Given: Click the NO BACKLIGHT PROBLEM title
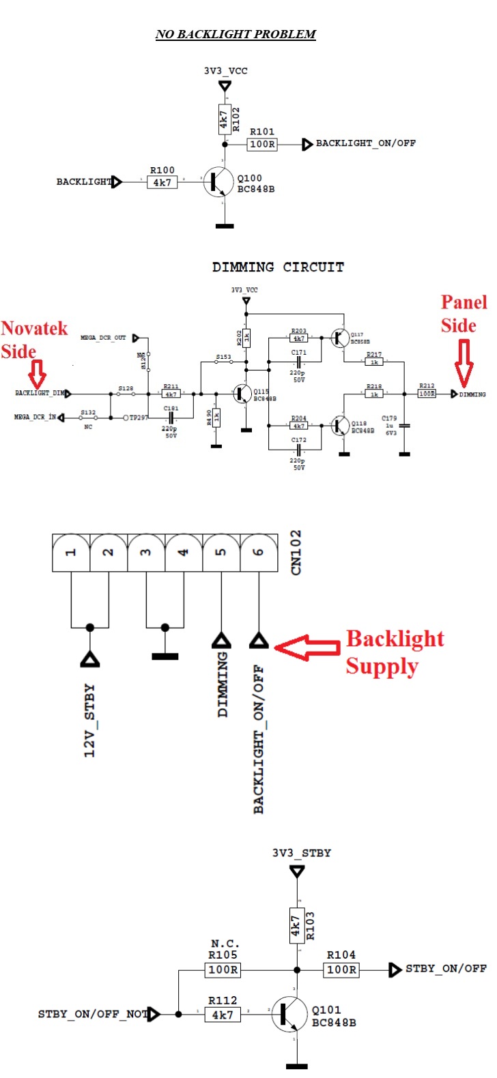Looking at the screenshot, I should click(x=236, y=34).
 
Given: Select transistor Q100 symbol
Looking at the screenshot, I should click(x=218, y=182).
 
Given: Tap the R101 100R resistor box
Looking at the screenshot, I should click(x=262, y=144).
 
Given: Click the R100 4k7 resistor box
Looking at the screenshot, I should click(x=162, y=182).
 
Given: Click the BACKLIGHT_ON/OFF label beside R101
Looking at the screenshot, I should click(x=365, y=143).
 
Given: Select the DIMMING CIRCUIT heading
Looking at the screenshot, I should click(x=278, y=267).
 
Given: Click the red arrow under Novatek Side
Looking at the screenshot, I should click(x=38, y=373).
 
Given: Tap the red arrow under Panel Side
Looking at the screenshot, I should click(x=464, y=362).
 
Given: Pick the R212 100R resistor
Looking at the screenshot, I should click(x=427, y=394).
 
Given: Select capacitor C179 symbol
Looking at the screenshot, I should click(x=404, y=425).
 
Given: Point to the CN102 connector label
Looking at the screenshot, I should click(x=296, y=553).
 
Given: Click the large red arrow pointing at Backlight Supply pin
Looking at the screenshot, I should click(x=307, y=646).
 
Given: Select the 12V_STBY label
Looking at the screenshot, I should click(x=89, y=720).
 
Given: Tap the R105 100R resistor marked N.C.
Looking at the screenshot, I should click(x=223, y=970).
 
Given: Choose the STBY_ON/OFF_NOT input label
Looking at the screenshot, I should click(x=92, y=1014).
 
